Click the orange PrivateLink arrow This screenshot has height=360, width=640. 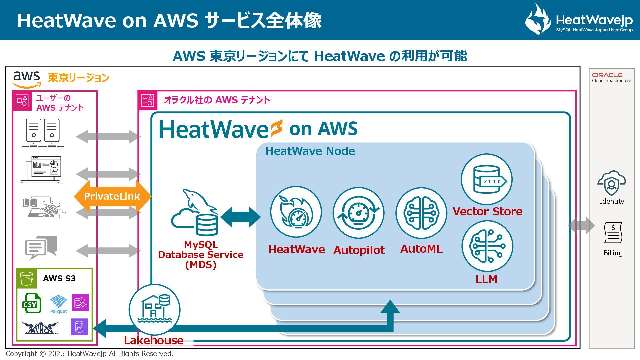(112, 196)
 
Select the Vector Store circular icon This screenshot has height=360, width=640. (486, 179)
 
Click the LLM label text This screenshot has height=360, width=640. (486, 279)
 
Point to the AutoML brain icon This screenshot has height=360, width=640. (421, 213)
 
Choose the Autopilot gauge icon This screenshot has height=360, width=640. (358, 213)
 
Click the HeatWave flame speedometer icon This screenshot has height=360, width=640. (296, 212)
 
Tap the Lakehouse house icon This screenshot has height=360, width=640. (154, 310)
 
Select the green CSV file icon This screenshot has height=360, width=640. (32, 303)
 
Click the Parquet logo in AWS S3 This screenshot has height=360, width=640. (58, 304)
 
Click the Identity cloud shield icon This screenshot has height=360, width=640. (611, 183)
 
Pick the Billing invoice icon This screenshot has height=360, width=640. (613, 233)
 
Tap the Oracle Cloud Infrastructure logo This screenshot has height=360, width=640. (611, 77)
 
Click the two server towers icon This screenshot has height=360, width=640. (43, 133)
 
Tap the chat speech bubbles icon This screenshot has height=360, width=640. (41, 247)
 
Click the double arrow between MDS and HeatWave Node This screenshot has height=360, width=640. (240, 217)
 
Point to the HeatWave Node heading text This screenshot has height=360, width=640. (310, 151)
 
